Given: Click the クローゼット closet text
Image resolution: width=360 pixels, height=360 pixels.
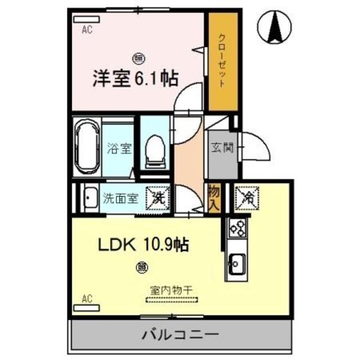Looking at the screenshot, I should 222,62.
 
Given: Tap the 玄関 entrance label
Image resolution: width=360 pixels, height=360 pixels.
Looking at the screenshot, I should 220,149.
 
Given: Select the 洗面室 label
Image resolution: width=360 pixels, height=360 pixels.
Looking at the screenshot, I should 119,198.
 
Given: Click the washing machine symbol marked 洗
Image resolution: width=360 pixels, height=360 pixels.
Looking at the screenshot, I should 157,197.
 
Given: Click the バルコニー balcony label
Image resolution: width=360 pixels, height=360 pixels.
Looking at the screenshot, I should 180,336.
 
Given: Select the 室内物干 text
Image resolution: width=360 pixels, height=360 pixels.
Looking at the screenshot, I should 171,290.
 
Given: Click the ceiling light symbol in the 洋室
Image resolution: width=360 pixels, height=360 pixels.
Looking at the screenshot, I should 138,57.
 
